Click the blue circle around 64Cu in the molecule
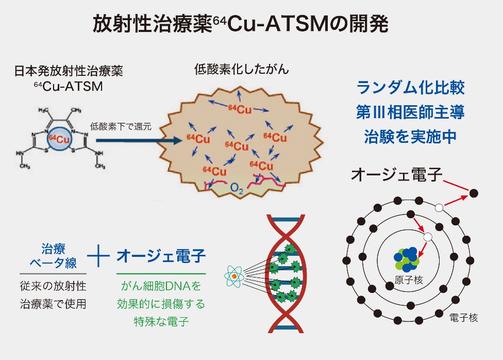(59, 139)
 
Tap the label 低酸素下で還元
(121, 126)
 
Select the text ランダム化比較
(410, 88)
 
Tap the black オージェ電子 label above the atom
(396, 175)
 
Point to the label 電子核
(463, 317)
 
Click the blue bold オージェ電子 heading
(161, 256)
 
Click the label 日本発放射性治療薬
(69, 71)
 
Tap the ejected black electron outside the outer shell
(473, 193)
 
